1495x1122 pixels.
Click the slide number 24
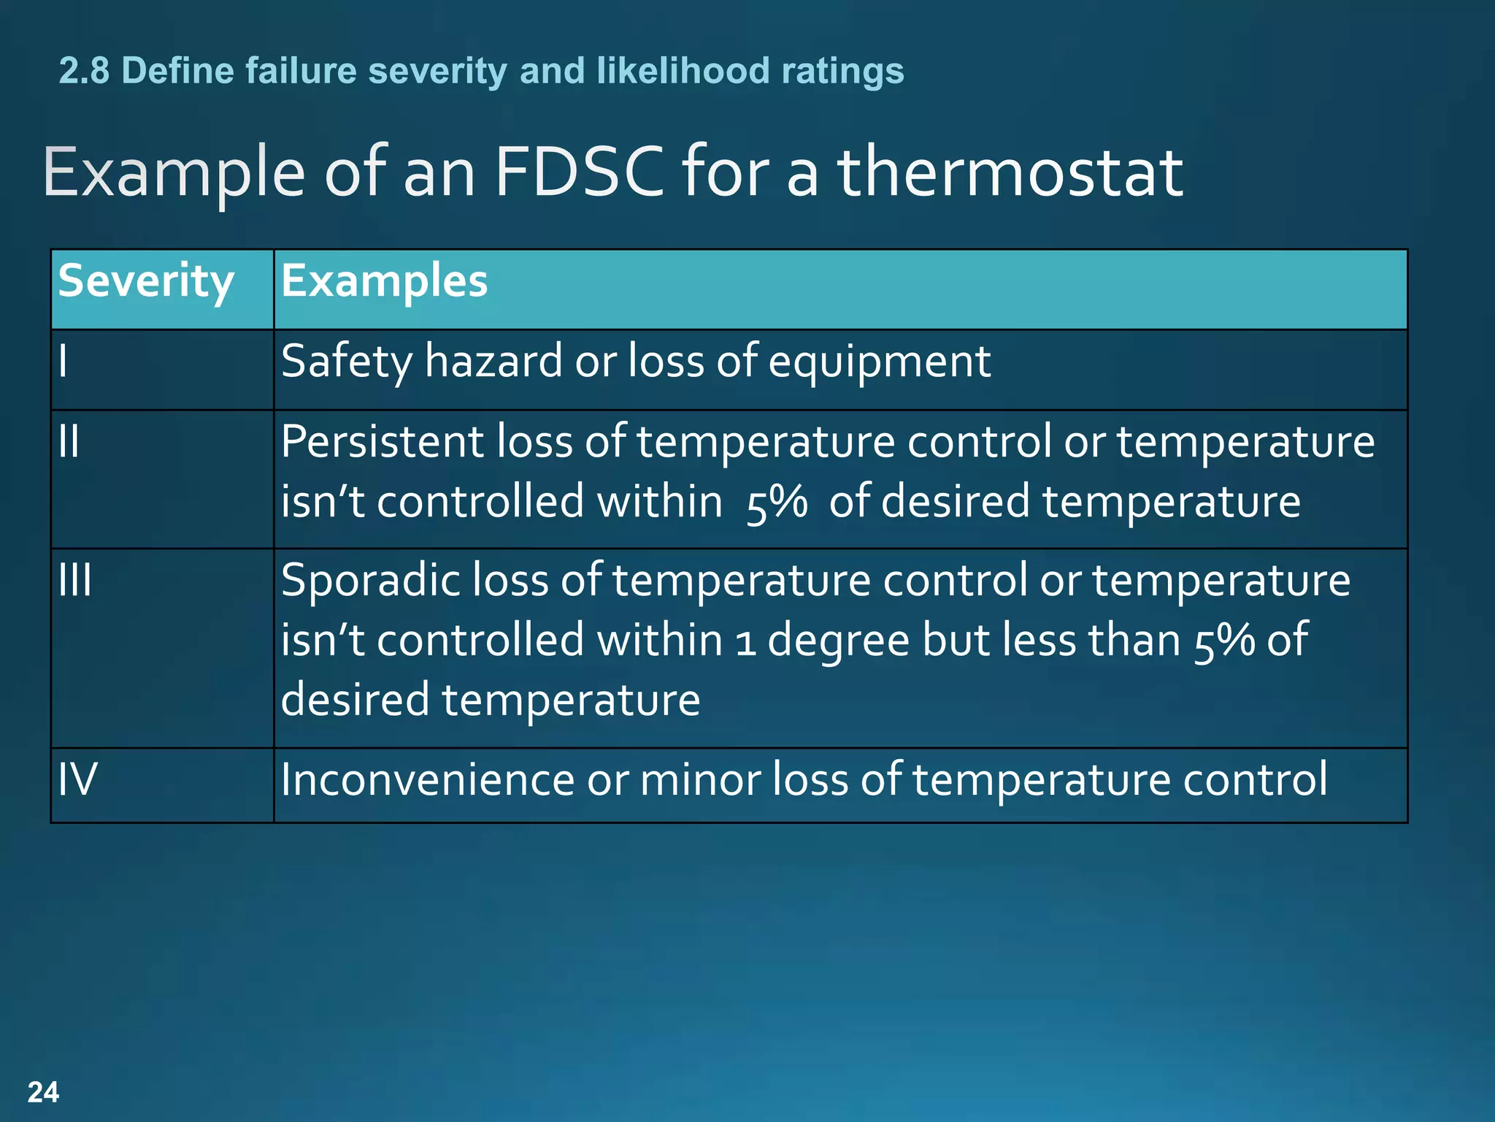point(43,1092)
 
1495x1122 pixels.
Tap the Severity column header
point(146,282)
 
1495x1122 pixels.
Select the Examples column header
point(384,282)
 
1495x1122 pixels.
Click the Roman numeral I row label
point(64,361)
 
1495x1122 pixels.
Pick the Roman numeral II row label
point(69,441)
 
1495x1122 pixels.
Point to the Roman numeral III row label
point(75,580)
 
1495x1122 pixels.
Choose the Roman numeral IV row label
point(77,779)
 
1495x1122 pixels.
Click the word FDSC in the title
point(579,172)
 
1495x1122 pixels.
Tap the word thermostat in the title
point(1010,172)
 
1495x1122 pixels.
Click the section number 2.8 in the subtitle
point(84,71)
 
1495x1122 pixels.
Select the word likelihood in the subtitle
point(683,71)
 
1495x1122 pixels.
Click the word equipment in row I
point(879,362)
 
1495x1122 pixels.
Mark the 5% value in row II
point(777,503)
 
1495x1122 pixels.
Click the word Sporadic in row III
point(369,580)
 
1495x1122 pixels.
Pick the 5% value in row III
point(1224,641)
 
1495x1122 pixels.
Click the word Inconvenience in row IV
point(428,779)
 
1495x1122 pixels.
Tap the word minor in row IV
point(699,779)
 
